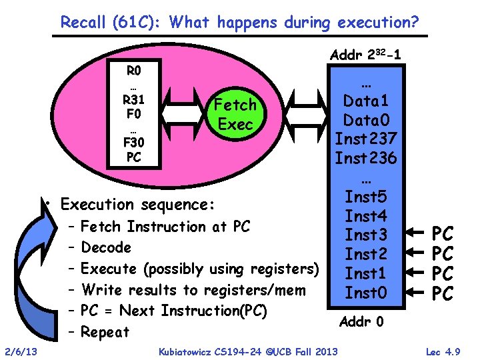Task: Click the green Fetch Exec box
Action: point(235,114)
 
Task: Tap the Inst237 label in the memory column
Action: point(366,139)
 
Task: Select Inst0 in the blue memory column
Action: point(366,292)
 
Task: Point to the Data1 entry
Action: point(366,101)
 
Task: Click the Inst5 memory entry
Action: point(366,197)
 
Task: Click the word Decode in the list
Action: point(105,248)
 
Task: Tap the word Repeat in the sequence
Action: point(105,332)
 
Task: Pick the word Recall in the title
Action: point(83,23)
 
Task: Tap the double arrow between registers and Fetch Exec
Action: point(181,113)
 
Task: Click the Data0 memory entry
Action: point(366,121)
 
